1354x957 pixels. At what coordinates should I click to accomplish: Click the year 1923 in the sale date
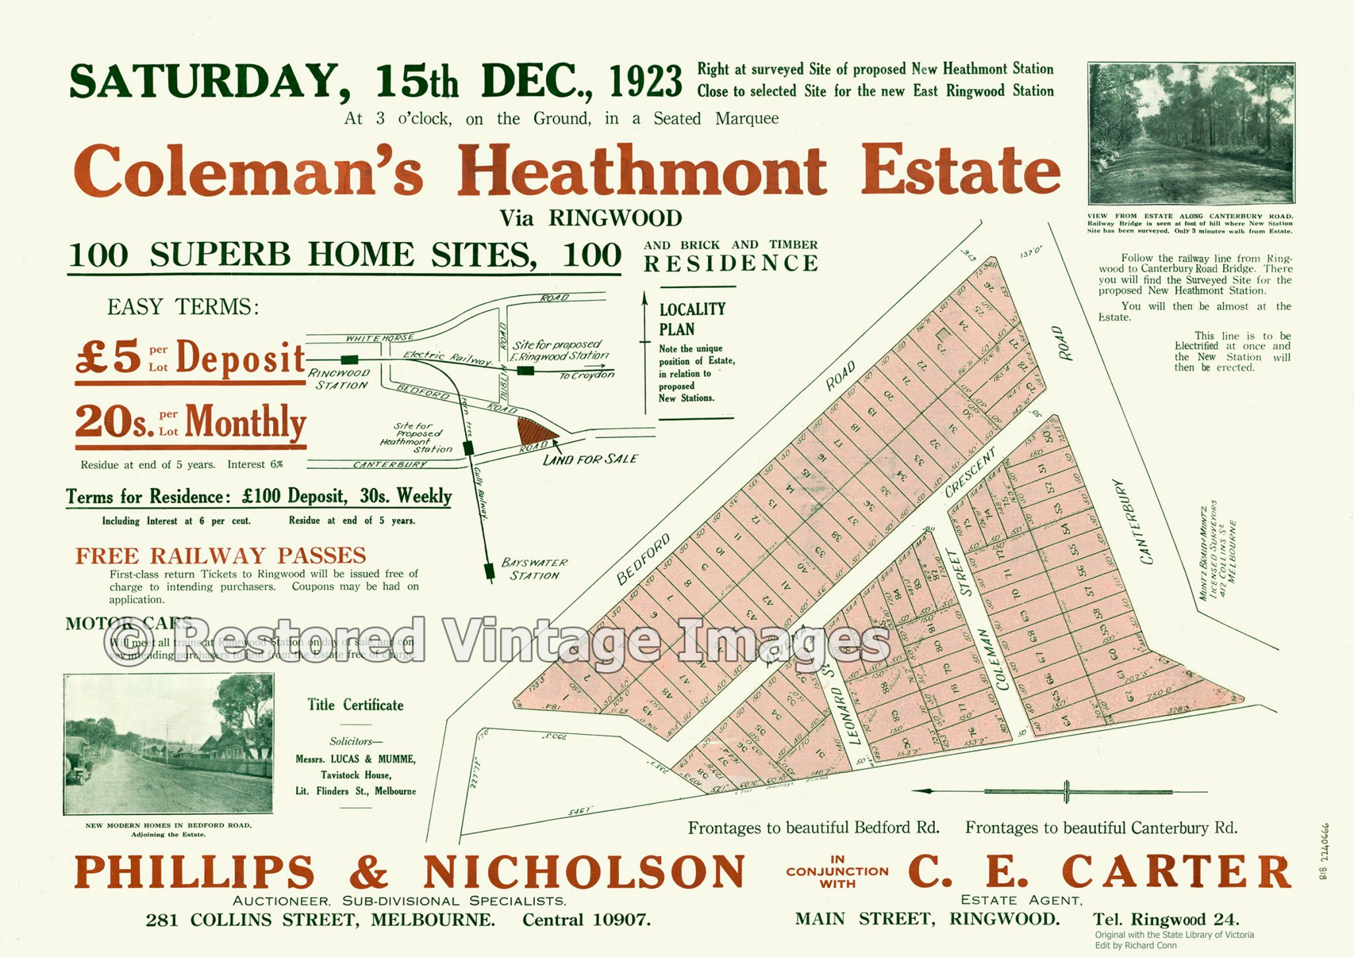(645, 81)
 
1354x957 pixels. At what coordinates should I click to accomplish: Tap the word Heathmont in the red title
(641, 171)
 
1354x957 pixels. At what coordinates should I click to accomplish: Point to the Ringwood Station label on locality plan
(340, 379)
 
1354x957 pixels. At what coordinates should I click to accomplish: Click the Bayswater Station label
(534, 568)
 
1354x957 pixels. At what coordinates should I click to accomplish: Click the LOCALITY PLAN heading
(692, 319)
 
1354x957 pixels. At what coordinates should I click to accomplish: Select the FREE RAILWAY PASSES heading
(221, 555)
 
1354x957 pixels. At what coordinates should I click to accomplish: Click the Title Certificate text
(355, 705)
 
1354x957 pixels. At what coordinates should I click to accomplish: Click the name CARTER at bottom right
(1176, 872)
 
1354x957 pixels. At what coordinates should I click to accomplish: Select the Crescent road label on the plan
(971, 473)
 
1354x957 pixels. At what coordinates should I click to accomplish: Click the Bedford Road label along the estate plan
(643, 559)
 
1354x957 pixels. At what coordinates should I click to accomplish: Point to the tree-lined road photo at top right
(1191, 134)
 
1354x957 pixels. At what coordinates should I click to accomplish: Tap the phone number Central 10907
(586, 919)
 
